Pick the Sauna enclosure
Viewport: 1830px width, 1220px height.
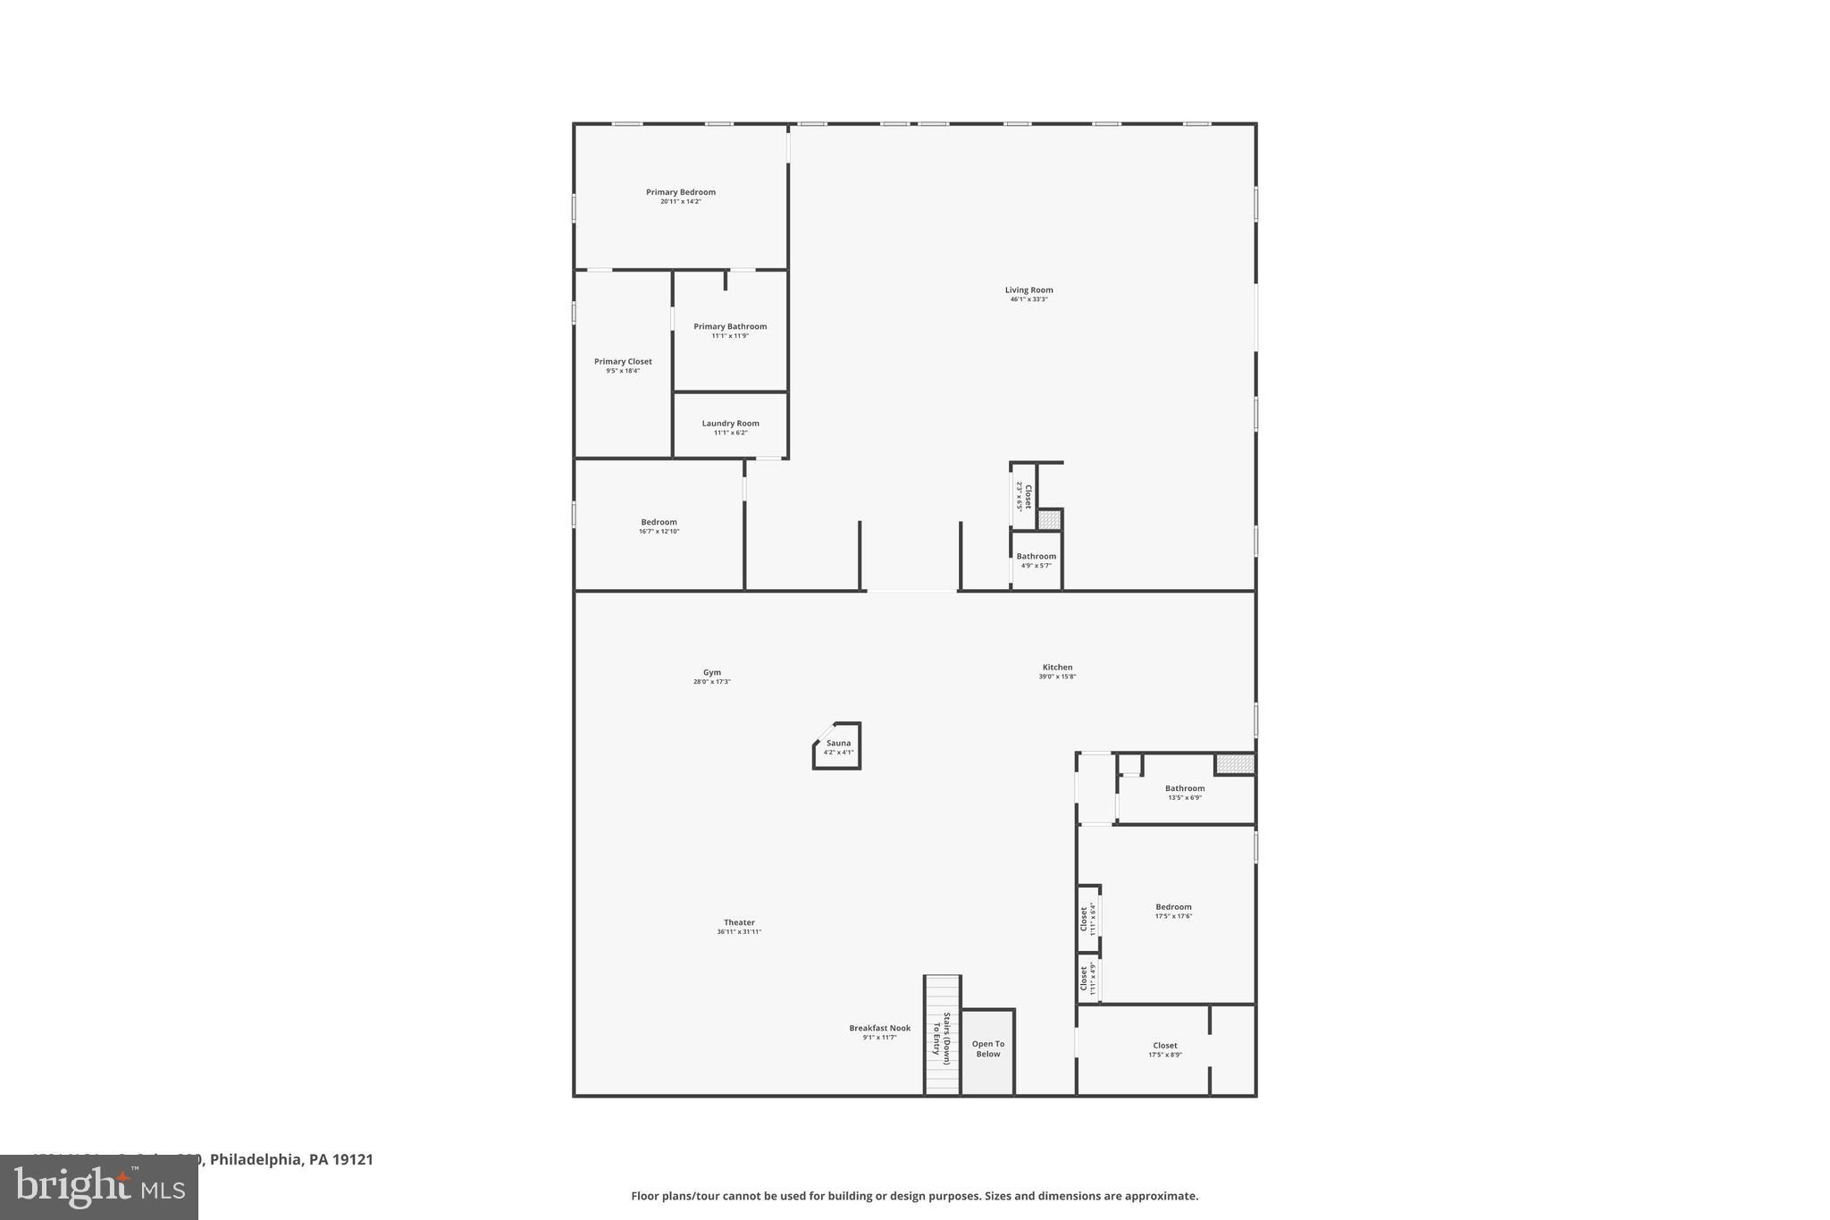(837, 746)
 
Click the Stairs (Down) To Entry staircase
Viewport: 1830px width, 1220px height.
(942, 1035)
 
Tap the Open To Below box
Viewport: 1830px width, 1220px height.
(987, 1049)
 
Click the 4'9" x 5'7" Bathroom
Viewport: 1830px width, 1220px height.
(1036, 560)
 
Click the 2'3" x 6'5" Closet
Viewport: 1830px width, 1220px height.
(1023, 497)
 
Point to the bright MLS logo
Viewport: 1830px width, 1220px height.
(99, 1187)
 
